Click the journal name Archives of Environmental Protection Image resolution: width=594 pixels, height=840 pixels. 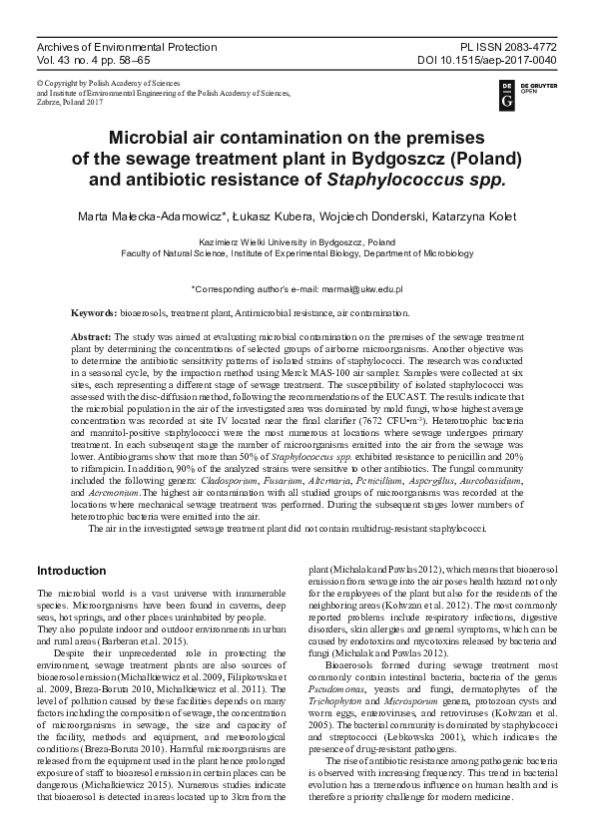(126, 47)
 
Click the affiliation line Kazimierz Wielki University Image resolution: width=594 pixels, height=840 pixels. (297, 241)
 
